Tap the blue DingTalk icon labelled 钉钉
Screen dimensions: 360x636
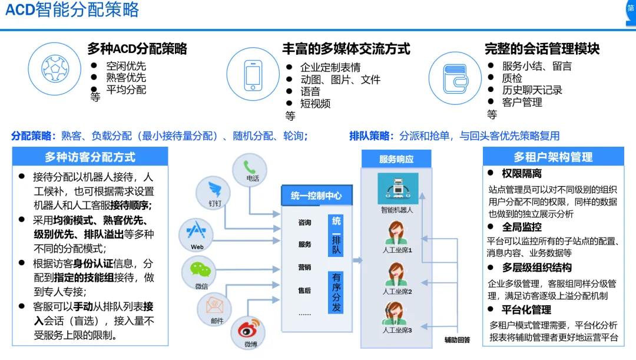[214, 190]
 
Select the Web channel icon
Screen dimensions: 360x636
[196, 232]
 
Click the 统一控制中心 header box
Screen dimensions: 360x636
[316, 196]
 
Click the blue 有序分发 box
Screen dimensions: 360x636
[336, 292]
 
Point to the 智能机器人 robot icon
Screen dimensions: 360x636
[397, 188]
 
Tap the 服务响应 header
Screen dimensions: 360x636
[396, 158]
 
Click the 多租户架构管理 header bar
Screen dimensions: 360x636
[553, 157]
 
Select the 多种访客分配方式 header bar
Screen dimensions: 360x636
[90, 157]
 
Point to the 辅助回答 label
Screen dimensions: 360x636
[457, 339]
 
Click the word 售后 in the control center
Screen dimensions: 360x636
[304, 290]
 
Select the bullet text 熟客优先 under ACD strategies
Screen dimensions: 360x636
[126, 78]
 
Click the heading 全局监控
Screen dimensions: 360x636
[522, 227]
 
